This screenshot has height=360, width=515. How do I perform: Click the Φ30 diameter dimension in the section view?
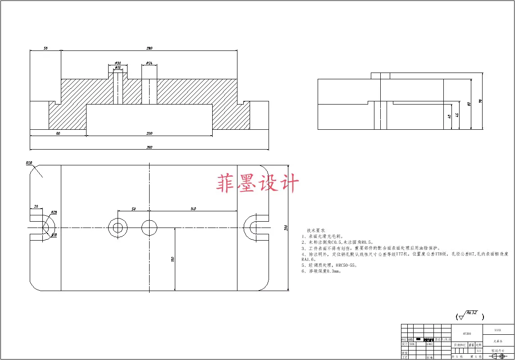(x=118, y=63)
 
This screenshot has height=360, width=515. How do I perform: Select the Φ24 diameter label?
(x=150, y=63)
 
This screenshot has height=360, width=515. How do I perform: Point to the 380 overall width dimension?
(x=150, y=147)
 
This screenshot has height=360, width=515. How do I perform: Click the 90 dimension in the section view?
(x=58, y=133)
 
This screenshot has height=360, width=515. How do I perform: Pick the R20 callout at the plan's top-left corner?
(x=30, y=163)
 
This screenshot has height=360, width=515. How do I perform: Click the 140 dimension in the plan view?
(x=193, y=209)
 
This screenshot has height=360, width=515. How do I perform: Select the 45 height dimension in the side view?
(x=457, y=115)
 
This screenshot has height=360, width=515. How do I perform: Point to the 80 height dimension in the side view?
(x=469, y=104)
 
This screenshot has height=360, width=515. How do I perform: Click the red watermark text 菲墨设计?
(x=258, y=184)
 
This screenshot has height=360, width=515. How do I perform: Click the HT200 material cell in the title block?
(x=467, y=334)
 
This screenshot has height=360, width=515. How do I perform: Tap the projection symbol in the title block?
(x=498, y=356)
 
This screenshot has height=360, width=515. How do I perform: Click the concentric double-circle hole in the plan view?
(x=118, y=228)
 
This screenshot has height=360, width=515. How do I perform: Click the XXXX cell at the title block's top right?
(x=498, y=330)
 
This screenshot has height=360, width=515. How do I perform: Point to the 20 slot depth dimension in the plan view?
(x=36, y=207)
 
